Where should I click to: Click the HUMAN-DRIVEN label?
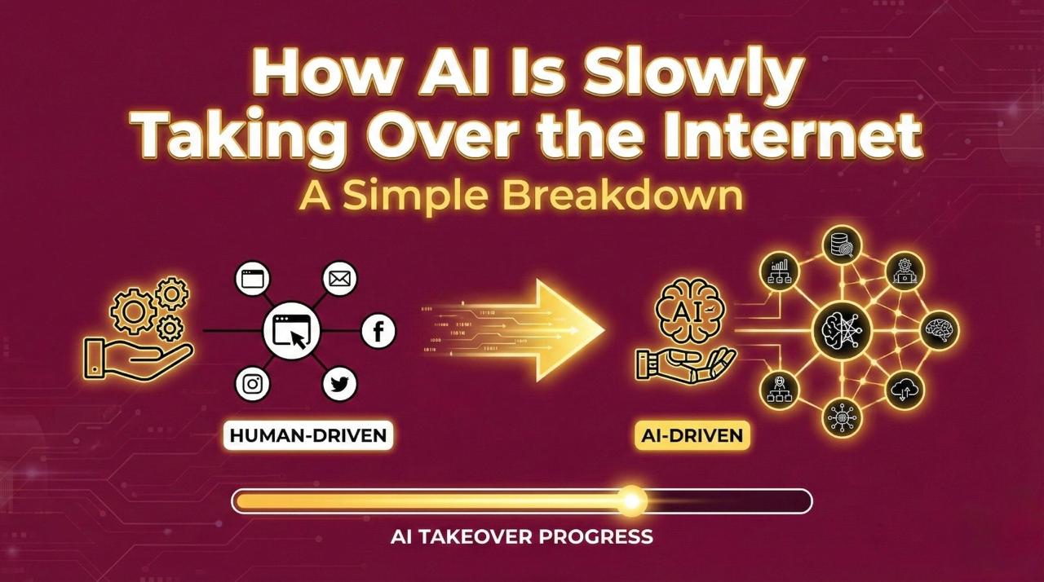coord(307,434)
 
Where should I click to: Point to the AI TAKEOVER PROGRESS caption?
coord(522,536)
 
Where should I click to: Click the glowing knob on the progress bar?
coord(630,500)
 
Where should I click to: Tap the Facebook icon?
coord(378,331)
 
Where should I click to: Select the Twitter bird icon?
coord(339,383)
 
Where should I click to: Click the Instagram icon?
coord(252,384)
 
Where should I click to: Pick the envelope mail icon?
coord(337,279)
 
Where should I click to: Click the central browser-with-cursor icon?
coord(291,331)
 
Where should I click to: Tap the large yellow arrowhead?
coord(571,330)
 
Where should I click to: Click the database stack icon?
coord(843,244)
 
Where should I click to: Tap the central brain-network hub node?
coord(843,330)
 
